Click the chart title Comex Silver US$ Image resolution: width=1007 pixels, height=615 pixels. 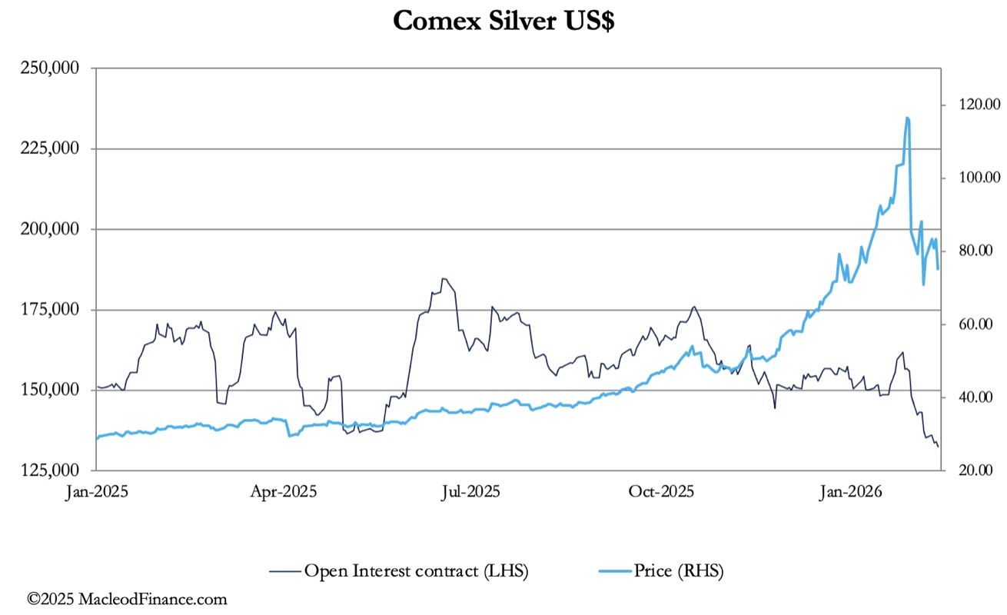503,21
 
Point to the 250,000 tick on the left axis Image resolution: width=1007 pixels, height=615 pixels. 52,68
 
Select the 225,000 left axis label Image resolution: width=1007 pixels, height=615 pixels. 52,148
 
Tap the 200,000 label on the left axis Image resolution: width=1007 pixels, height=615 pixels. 52,229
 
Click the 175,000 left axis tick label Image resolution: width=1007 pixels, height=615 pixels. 52,310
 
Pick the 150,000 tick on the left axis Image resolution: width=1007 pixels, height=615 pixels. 52,390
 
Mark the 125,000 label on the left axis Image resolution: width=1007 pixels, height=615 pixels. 52,470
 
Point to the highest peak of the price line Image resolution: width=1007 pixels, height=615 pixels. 907,118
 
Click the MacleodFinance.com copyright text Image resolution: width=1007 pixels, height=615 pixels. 127,599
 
